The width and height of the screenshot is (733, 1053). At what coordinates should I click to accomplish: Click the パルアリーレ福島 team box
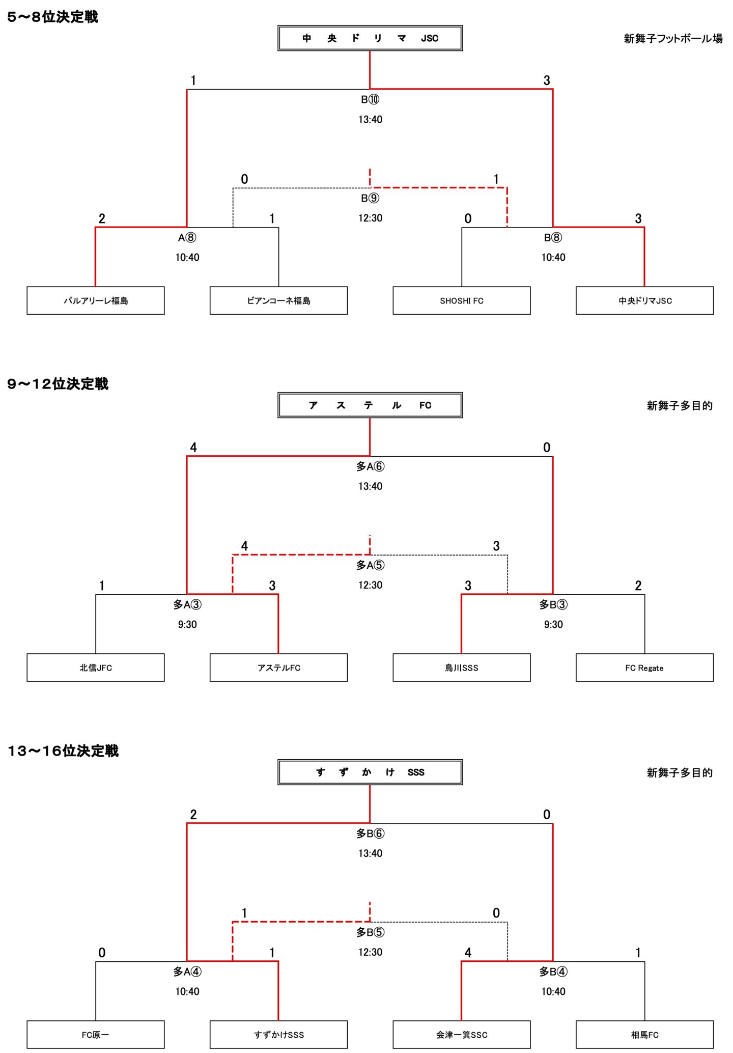[x=96, y=300]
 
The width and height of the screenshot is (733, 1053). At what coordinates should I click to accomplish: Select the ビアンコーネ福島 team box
[x=278, y=300]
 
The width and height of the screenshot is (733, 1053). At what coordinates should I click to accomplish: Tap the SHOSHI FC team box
[x=461, y=300]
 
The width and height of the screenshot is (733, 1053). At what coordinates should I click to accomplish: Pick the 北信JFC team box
[x=96, y=668]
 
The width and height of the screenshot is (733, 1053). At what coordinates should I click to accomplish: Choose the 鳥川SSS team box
[x=461, y=668]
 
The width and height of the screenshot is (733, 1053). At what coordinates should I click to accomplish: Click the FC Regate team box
[x=644, y=668]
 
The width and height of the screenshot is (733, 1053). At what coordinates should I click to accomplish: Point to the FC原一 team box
[x=96, y=1035]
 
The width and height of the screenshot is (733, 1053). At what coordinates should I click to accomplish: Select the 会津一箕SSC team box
[x=461, y=1035]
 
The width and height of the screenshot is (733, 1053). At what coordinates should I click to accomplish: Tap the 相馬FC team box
[x=644, y=1035]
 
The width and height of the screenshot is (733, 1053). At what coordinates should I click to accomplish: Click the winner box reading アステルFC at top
[x=370, y=405]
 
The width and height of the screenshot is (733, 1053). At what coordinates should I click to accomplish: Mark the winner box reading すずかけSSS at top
[x=370, y=772]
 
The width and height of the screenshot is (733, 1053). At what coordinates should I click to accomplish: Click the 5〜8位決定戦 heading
[x=52, y=17]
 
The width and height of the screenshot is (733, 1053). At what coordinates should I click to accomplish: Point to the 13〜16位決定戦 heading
[x=63, y=751]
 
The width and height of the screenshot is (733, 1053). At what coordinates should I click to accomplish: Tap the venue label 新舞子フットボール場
[x=673, y=39]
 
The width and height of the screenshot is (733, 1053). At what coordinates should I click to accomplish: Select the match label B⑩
[x=370, y=100]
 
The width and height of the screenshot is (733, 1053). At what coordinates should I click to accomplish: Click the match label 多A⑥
[x=370, y=466]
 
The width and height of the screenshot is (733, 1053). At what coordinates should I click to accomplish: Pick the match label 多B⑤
[x=370, y=932]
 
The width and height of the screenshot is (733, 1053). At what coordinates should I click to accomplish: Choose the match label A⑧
[x=187, y=238]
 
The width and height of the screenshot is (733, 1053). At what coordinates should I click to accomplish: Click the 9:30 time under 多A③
[x=187, y=625]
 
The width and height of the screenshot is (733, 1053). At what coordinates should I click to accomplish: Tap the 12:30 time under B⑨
[x=370, y=218]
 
